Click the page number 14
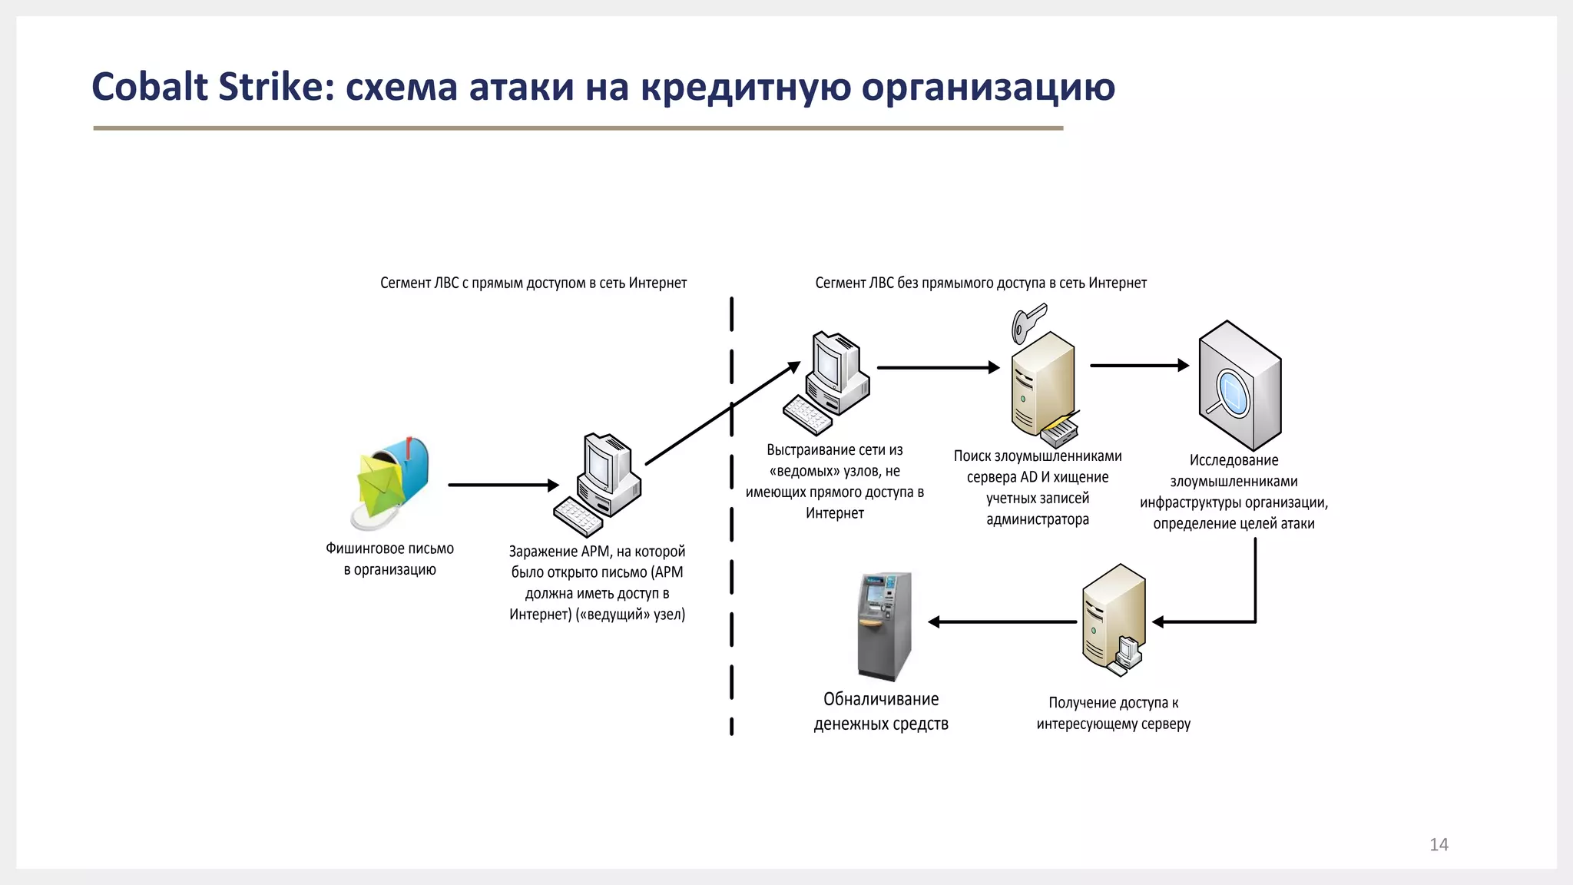[x=1439, y=844]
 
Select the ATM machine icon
[x=885, y=625]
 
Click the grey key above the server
[x=1028, y=323]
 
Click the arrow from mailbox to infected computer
[x=503, y=485]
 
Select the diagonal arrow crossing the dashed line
[x=722, y=415]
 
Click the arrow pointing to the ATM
[x=1002, y=621]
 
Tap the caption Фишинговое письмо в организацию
[x=390, y=559]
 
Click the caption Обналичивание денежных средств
[x=881, y=711]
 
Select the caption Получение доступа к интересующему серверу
[x=1113, y=713]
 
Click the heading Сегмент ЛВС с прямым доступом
[x=533, y=283]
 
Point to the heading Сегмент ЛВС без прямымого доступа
[x=980, y=283]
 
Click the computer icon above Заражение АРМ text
[x=598, y=484]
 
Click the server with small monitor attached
[x=1113, y=619]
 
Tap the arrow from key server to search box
[x=1139, y=366]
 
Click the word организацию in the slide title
[x=988, y=86]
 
